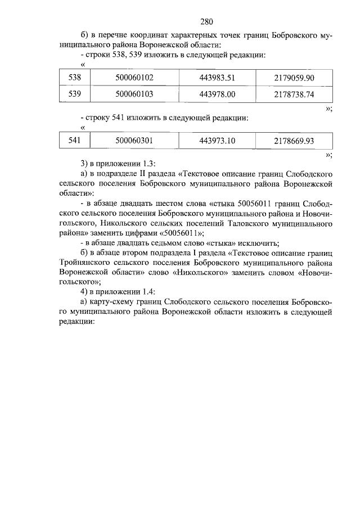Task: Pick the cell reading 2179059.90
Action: pos(294,78)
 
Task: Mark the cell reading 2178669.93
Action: pos(294,141)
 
